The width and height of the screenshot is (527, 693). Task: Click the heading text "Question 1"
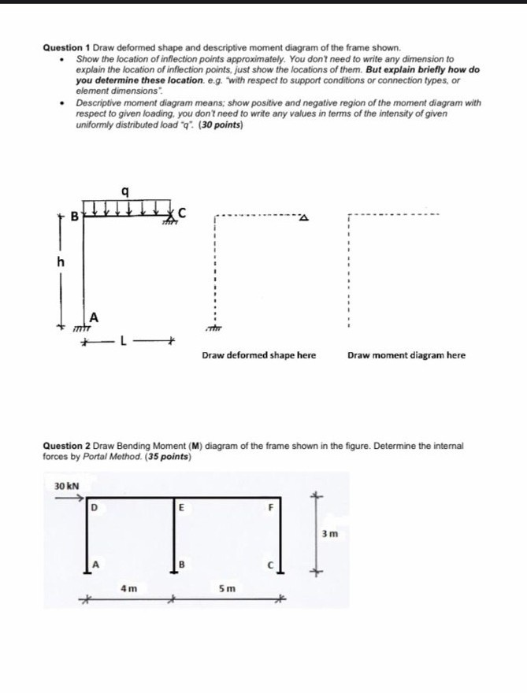(x=66, y=49)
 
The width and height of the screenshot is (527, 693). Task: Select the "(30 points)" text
(x=223, y=124)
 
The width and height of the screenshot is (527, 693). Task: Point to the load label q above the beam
(x=137, y=191)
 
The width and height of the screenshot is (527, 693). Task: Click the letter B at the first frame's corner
(x=76, y=214)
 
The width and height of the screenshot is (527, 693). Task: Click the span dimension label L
(x=124, y=341)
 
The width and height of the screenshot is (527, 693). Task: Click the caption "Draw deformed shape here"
(x=258, y=355)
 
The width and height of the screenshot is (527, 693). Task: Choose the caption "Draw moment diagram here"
(x=406, y=355)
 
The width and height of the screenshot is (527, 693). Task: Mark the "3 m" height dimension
(x=331, y=534)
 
